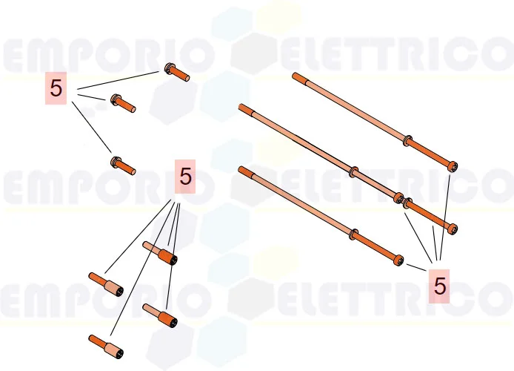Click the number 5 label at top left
pos(56,88)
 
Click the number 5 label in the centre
pos(184,177)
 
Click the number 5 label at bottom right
pos(440,286)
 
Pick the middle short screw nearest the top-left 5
pos(122,103)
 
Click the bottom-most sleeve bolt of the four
pos(104,346)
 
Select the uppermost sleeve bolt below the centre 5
pos(160,252)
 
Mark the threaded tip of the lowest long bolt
pos(242,170)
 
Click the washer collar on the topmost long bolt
pos(408,139)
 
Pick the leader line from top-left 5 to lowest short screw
pos(92,129)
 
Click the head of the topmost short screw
pos(169,70)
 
